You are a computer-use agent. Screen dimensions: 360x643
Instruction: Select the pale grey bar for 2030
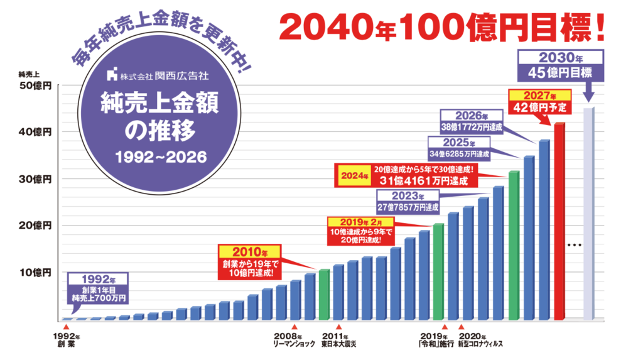click(x=588, y=214)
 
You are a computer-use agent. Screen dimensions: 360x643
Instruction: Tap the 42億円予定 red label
click(x=539, y=107)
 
